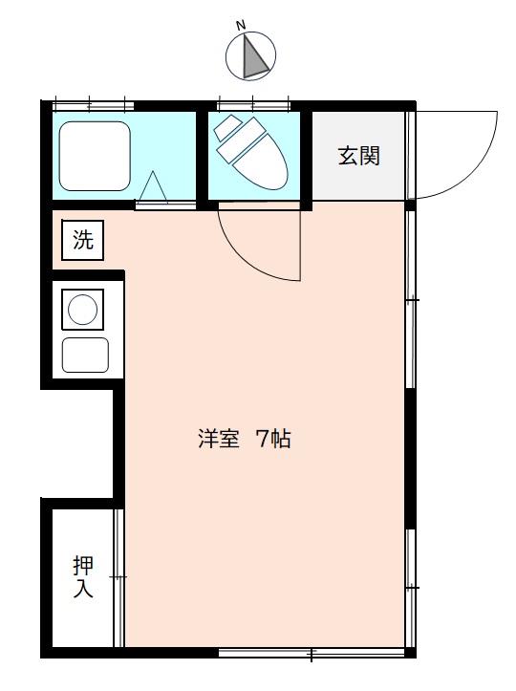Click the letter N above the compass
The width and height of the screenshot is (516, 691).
pos(241,26)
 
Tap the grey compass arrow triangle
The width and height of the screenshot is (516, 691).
pos(254,58)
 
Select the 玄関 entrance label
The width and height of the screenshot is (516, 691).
pos(358,156)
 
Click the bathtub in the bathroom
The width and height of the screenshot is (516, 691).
pos(95,156)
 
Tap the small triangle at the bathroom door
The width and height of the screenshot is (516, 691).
pos(153,187)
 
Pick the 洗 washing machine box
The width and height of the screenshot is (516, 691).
pos(82,240)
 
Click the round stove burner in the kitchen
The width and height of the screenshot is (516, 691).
pos(82,310)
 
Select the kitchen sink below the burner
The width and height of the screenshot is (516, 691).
pos(85,356)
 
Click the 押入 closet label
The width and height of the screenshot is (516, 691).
pos(83,576)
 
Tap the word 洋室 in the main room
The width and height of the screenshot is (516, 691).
pos(219,440)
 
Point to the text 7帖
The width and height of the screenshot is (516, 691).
pos(273,440)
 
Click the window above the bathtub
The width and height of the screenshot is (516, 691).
pos(93,106)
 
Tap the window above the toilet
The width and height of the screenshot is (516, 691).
pos(254,106)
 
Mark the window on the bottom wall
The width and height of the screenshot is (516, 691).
pos(312,652)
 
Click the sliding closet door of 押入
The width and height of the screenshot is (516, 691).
pos(118,577)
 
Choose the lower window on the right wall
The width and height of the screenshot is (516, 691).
pos(410,588)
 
